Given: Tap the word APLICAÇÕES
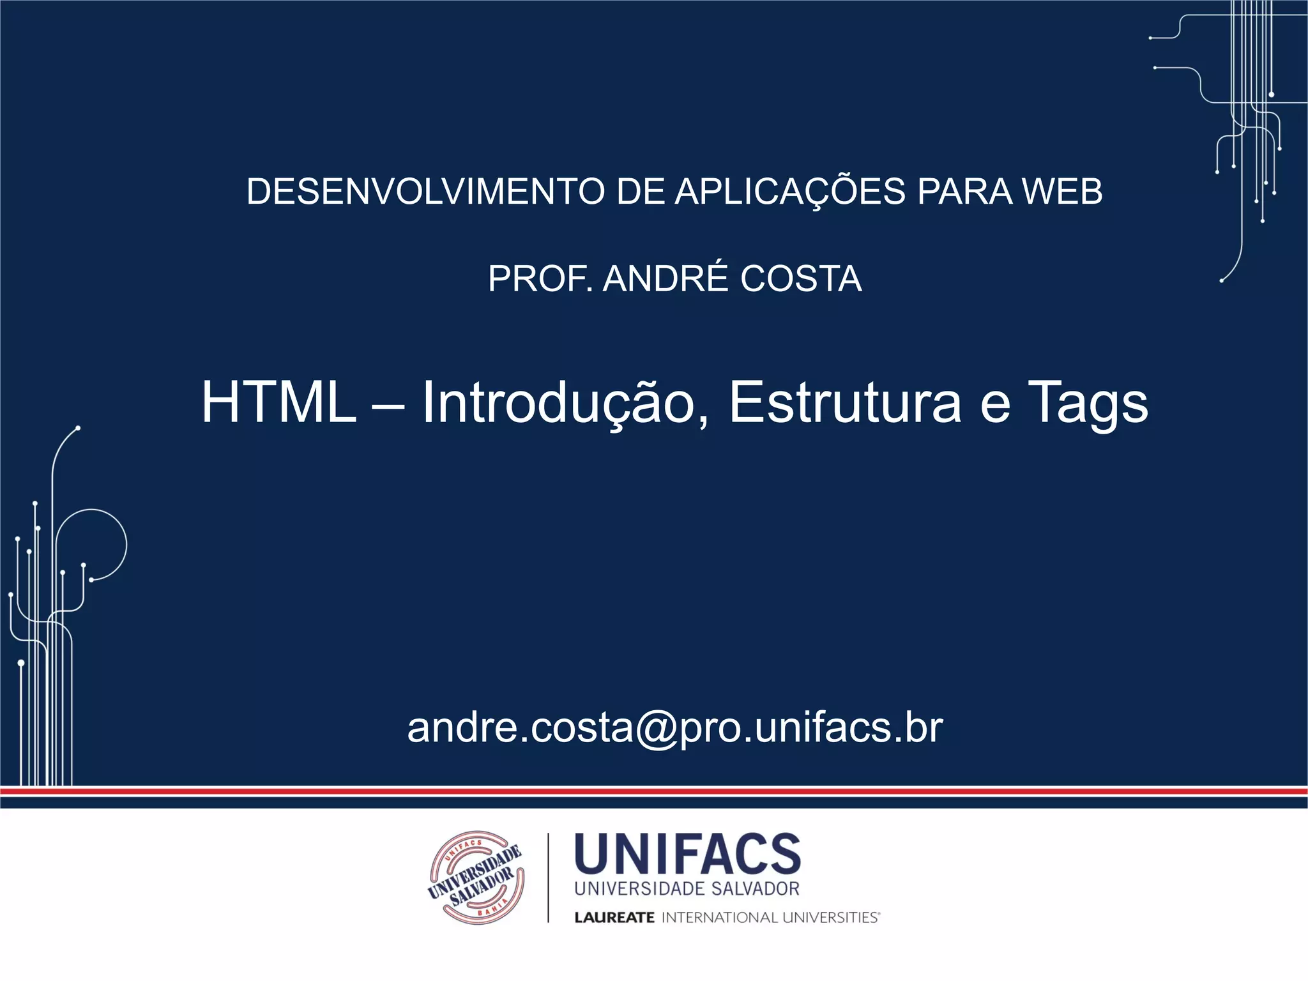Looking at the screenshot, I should [x=790, y=191].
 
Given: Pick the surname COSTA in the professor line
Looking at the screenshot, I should [x=801, y=278].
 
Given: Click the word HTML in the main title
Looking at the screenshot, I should [x=278, y=402].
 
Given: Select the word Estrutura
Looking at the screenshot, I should [x=845, y=402].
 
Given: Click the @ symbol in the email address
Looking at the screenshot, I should [x=656, y=728].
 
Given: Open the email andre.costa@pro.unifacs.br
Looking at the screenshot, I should [x=674, y=728].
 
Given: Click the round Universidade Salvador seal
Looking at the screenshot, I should [x=476, y=878].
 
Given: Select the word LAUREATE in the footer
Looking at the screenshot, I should [x=614, y=918].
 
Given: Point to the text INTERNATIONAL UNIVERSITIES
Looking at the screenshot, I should [x=770, y=918].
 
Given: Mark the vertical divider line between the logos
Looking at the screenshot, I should [x=548, y=878].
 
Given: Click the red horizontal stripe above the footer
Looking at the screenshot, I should [x=654, y=791].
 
